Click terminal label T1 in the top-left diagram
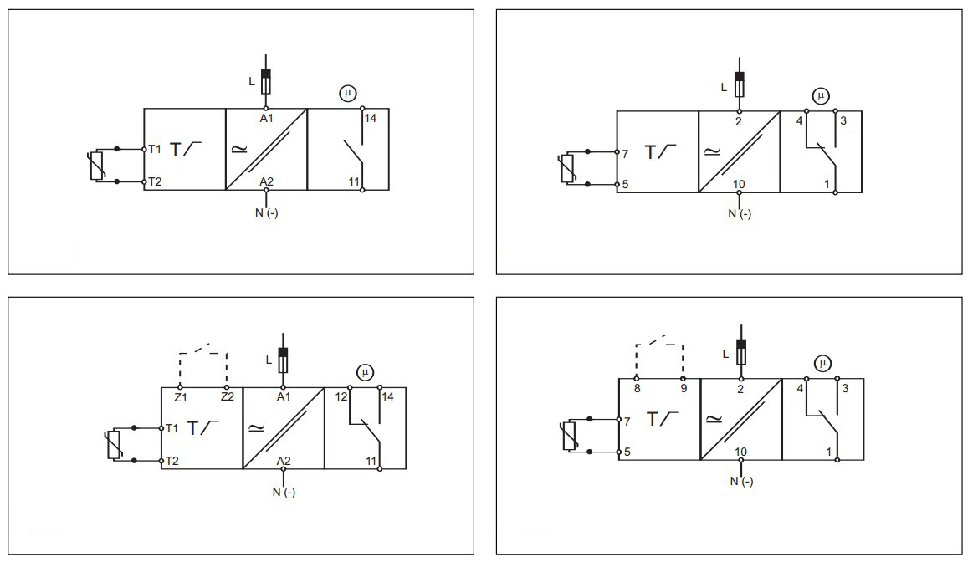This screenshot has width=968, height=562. [155, 150]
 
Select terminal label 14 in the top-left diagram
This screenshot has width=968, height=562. [371, 119]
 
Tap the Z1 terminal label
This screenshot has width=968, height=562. [180, 397]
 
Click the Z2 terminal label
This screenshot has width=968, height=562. [227, 397]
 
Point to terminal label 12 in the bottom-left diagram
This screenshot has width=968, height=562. [341, 397]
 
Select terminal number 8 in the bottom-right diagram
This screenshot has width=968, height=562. [637, 389]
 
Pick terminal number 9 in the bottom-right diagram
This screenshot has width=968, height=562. [684, 389]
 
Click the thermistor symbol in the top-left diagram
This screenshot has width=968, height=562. [97, 166]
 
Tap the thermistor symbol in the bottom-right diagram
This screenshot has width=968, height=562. [571, 436]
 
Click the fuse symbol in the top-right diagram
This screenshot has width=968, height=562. [739, 84]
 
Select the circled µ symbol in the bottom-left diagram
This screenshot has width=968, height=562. [365, 372]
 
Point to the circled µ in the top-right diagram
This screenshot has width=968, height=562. [821, 95]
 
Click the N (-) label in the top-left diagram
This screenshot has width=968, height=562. [267, 212]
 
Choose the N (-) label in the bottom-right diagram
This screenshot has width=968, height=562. [740, 481]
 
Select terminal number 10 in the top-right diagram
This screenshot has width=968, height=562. [740, 184]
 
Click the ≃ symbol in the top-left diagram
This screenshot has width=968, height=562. [239, 149]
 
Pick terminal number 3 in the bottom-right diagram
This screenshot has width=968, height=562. [843, 389]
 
